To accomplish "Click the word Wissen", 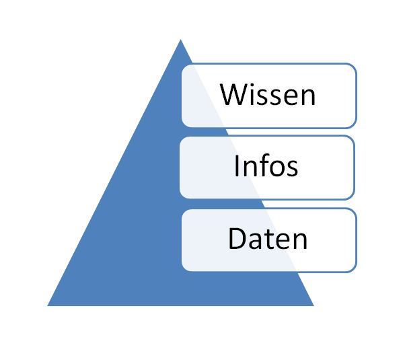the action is tap(268, 94).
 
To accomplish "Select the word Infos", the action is tap(266, 166).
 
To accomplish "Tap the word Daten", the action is tap(268, 238).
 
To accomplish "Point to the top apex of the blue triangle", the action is tap(181, 40).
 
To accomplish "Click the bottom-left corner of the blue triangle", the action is tap(48, 305).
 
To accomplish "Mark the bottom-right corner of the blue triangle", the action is tap(313, 305).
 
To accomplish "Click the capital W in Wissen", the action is tap(234, 94).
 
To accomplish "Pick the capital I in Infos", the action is tap(237, 166).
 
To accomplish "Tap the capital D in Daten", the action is tap(237, 238).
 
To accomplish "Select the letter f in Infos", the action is tap(263, 165).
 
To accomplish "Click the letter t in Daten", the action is tap(270, 240).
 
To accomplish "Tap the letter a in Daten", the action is tap(257, 242).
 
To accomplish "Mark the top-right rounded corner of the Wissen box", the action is tap(354, 67).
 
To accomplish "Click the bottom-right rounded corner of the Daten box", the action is tap(354, 269).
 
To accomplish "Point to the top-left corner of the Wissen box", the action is tap(184, 67).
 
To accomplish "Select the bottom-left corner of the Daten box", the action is tap(184, 268).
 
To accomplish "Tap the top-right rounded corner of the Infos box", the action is tap(352, 139).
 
